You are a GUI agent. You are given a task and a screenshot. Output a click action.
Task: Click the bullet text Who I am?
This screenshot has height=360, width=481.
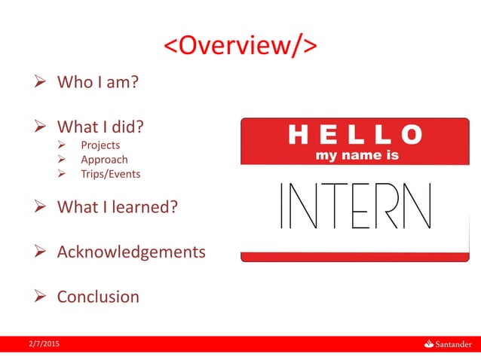click(x=98, y=81)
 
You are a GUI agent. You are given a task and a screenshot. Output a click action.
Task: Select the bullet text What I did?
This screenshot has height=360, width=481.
click(x=100, y=125)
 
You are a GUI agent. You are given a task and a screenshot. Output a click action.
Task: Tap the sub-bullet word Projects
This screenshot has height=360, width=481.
click(x=100, y=145)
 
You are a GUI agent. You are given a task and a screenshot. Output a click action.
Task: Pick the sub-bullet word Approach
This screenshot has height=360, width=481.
click(x=104, y=160)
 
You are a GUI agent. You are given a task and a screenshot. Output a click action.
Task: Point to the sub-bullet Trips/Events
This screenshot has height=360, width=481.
click(x=110, y=174)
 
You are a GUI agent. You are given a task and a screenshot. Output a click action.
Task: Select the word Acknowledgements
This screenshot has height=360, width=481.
click(x=131, y=252)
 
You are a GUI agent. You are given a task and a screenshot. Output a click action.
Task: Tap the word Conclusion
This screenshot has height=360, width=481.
click(x=98, y=297)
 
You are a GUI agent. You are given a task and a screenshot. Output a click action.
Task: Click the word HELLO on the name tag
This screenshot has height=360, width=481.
click(x=355, y=136)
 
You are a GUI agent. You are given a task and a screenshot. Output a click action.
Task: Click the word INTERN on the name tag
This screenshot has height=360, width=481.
click(x=355, y=206)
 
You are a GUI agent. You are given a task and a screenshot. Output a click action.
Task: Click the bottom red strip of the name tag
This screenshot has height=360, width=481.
click(x=355, y=258)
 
